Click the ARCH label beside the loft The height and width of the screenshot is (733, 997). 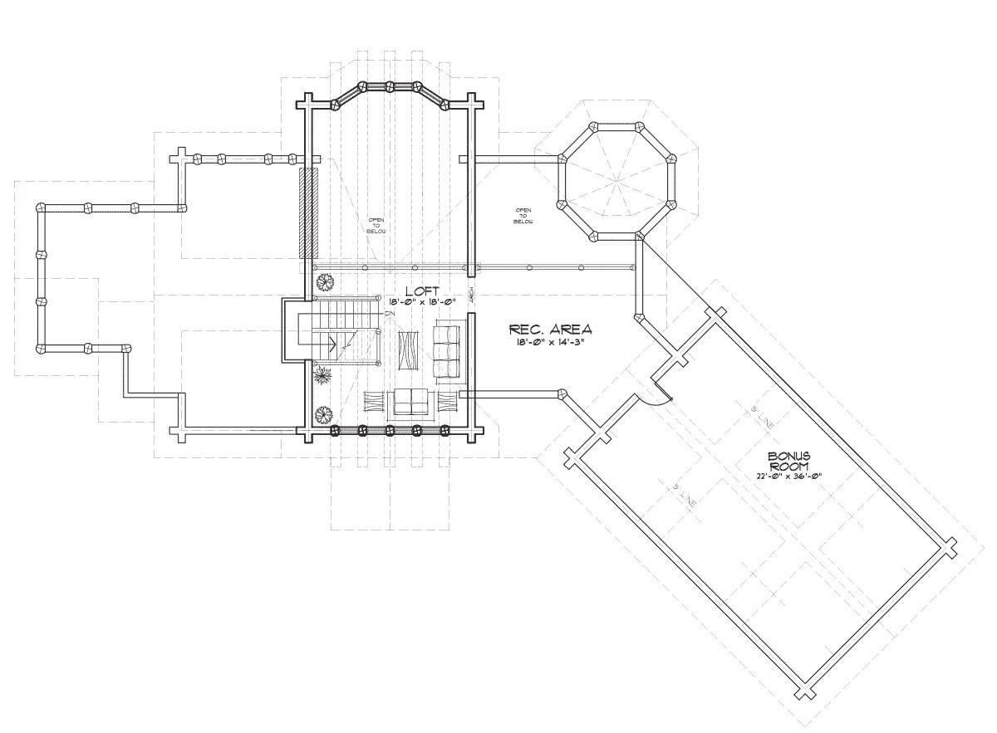(471, 295)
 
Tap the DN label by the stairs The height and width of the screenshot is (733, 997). (389, 315)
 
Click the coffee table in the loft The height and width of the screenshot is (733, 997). (408, 349)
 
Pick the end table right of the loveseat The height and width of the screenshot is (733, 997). (446, 402)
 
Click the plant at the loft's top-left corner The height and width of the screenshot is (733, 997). (324, 282)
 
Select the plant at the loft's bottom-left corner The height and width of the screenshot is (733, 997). (322, 413)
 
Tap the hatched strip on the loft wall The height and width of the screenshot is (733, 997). (308, 213)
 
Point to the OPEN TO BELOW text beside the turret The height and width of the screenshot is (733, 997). (523, 216)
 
